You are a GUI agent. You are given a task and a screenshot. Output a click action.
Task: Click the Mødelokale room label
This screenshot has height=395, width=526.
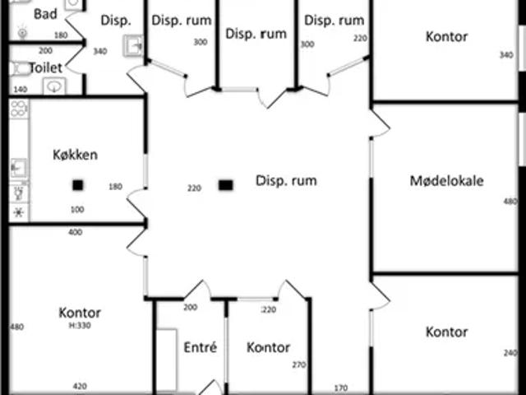(446, 180)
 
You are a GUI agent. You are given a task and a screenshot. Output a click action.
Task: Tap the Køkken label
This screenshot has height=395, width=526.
(75, 154)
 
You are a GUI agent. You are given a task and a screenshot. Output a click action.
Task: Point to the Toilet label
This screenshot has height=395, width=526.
(46, 67)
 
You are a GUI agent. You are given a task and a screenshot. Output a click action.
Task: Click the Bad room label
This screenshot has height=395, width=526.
(45, 14)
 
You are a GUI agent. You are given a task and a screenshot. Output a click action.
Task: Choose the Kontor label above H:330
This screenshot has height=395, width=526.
(80, 313)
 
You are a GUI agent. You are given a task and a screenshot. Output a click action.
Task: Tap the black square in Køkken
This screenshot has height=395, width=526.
(78, 185)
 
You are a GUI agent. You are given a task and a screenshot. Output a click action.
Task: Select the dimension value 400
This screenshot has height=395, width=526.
(75, 232)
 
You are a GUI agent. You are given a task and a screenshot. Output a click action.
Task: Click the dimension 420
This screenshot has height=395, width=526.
(80, 386)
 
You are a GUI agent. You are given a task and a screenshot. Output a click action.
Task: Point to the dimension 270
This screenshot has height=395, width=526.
(299, 365)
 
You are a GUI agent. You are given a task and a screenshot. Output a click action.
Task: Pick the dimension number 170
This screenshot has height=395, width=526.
(341, 388)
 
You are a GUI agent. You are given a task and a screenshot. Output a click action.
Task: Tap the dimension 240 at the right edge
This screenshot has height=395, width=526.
(510, 353)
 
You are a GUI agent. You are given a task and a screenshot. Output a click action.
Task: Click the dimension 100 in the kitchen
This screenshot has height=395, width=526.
(77, 210)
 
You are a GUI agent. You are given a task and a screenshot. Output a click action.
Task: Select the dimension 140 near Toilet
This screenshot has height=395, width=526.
(20, 89)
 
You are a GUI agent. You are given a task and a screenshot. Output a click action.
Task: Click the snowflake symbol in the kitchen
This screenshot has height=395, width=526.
(18, 211)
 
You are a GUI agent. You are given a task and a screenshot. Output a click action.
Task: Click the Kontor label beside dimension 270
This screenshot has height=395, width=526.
(268, 348)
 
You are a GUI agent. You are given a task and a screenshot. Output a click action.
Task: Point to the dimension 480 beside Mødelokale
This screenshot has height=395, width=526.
(510, 201)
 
